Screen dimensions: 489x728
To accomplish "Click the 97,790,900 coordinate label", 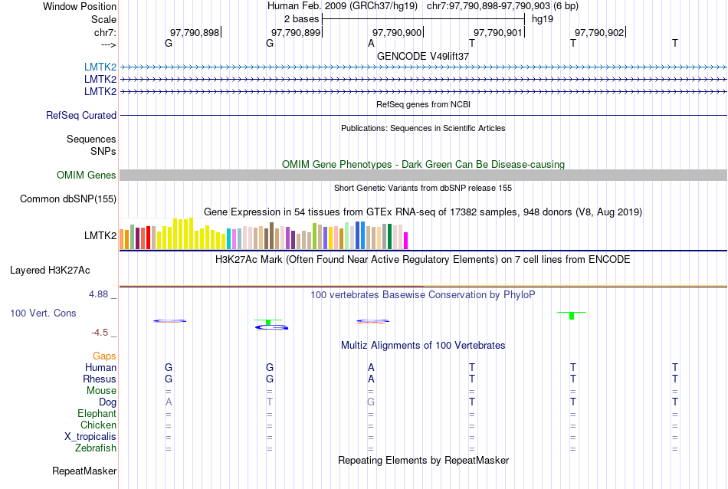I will (x=396, y=32).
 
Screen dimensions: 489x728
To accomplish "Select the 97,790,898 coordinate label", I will (x=194, y=32).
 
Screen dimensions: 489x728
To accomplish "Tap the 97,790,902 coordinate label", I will (x=598, y=32).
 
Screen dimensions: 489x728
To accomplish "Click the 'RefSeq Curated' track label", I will (x=81, y=116).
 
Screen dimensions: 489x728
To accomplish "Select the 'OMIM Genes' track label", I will (x=87, y=176).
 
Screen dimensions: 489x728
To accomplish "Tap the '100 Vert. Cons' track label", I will (x=43, y=313).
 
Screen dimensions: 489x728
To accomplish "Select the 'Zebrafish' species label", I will (x=96, y=448).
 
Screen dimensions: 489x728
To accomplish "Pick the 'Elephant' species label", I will (x=97, y=414).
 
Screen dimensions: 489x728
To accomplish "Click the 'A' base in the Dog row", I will (x=169, y=402).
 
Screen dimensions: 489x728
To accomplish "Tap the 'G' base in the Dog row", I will (x=371, y=402).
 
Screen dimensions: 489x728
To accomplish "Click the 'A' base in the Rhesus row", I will (x=371, y=379).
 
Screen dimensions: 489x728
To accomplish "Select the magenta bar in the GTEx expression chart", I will (x=406, y=241).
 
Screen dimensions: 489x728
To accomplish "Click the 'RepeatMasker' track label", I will (x=84, y=471).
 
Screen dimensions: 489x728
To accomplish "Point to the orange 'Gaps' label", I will (x=104, y=356).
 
